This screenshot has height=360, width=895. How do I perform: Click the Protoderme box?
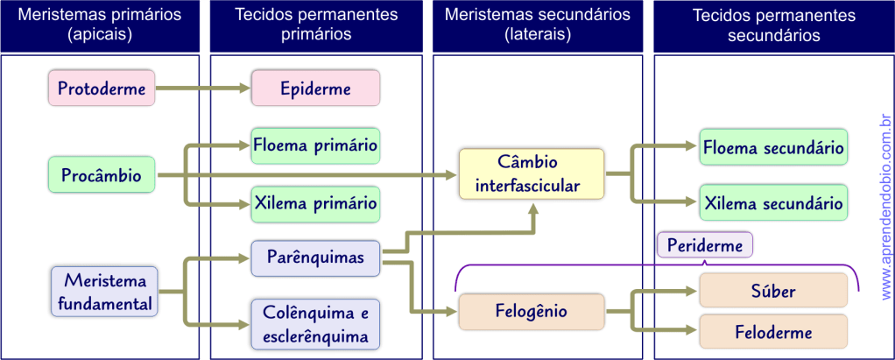pos(101,88)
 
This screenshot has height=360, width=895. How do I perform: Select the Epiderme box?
pos(315,88)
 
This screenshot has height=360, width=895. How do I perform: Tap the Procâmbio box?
pos(101,175)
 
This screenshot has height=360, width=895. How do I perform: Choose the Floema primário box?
pos(315,145)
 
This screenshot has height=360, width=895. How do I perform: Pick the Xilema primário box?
pos(315,204)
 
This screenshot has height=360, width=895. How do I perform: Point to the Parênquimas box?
pos(315,258)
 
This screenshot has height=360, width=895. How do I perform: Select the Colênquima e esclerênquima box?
pos(315,324)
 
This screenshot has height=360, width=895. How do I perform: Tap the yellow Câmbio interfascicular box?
pos(532,174)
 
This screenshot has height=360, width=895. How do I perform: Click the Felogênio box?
pos(532,312)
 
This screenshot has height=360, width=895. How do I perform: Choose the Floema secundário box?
pos(773,148)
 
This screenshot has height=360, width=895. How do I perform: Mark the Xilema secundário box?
pos(773,203)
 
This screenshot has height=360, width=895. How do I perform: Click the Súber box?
pos(773,290)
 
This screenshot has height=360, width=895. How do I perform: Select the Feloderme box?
pos(773,332)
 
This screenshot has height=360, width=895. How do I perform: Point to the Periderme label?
pos(704,246)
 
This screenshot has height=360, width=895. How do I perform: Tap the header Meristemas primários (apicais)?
pos(101,25)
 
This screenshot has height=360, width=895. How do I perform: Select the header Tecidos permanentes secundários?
pos(773,25)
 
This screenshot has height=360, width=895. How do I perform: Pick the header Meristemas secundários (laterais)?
pos(537,25)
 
